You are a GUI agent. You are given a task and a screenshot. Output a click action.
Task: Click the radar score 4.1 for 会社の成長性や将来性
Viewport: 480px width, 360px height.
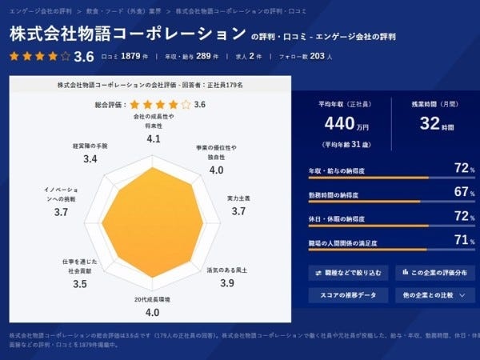tap(154, 138)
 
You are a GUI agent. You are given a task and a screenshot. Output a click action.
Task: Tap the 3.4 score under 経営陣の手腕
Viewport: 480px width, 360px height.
tap(90, 159)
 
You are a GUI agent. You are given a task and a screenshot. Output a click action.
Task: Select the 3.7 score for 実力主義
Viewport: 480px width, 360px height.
tap(238, 211)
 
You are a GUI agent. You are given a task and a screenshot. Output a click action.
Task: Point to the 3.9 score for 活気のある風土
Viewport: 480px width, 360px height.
tap(226, 282)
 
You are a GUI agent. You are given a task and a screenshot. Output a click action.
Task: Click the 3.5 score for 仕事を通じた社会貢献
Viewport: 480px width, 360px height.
tap(79, 283)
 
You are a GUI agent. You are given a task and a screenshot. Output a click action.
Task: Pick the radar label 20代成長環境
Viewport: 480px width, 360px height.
tap(152, 298)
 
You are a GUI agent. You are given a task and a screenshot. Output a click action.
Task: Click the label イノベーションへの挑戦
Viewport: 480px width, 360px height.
tap(61, 194)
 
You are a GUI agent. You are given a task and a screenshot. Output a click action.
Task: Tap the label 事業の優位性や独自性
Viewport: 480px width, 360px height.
tap(216, 153)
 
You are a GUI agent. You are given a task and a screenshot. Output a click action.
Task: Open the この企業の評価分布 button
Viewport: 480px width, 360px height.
tap(435, 272)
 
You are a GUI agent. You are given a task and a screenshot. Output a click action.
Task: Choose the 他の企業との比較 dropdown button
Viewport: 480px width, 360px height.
tap(435, 295)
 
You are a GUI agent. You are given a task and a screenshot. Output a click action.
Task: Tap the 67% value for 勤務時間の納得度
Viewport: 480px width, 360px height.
tap(459, 192)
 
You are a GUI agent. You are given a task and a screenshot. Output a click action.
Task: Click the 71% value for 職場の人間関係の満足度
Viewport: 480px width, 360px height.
tap(459, 239)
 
